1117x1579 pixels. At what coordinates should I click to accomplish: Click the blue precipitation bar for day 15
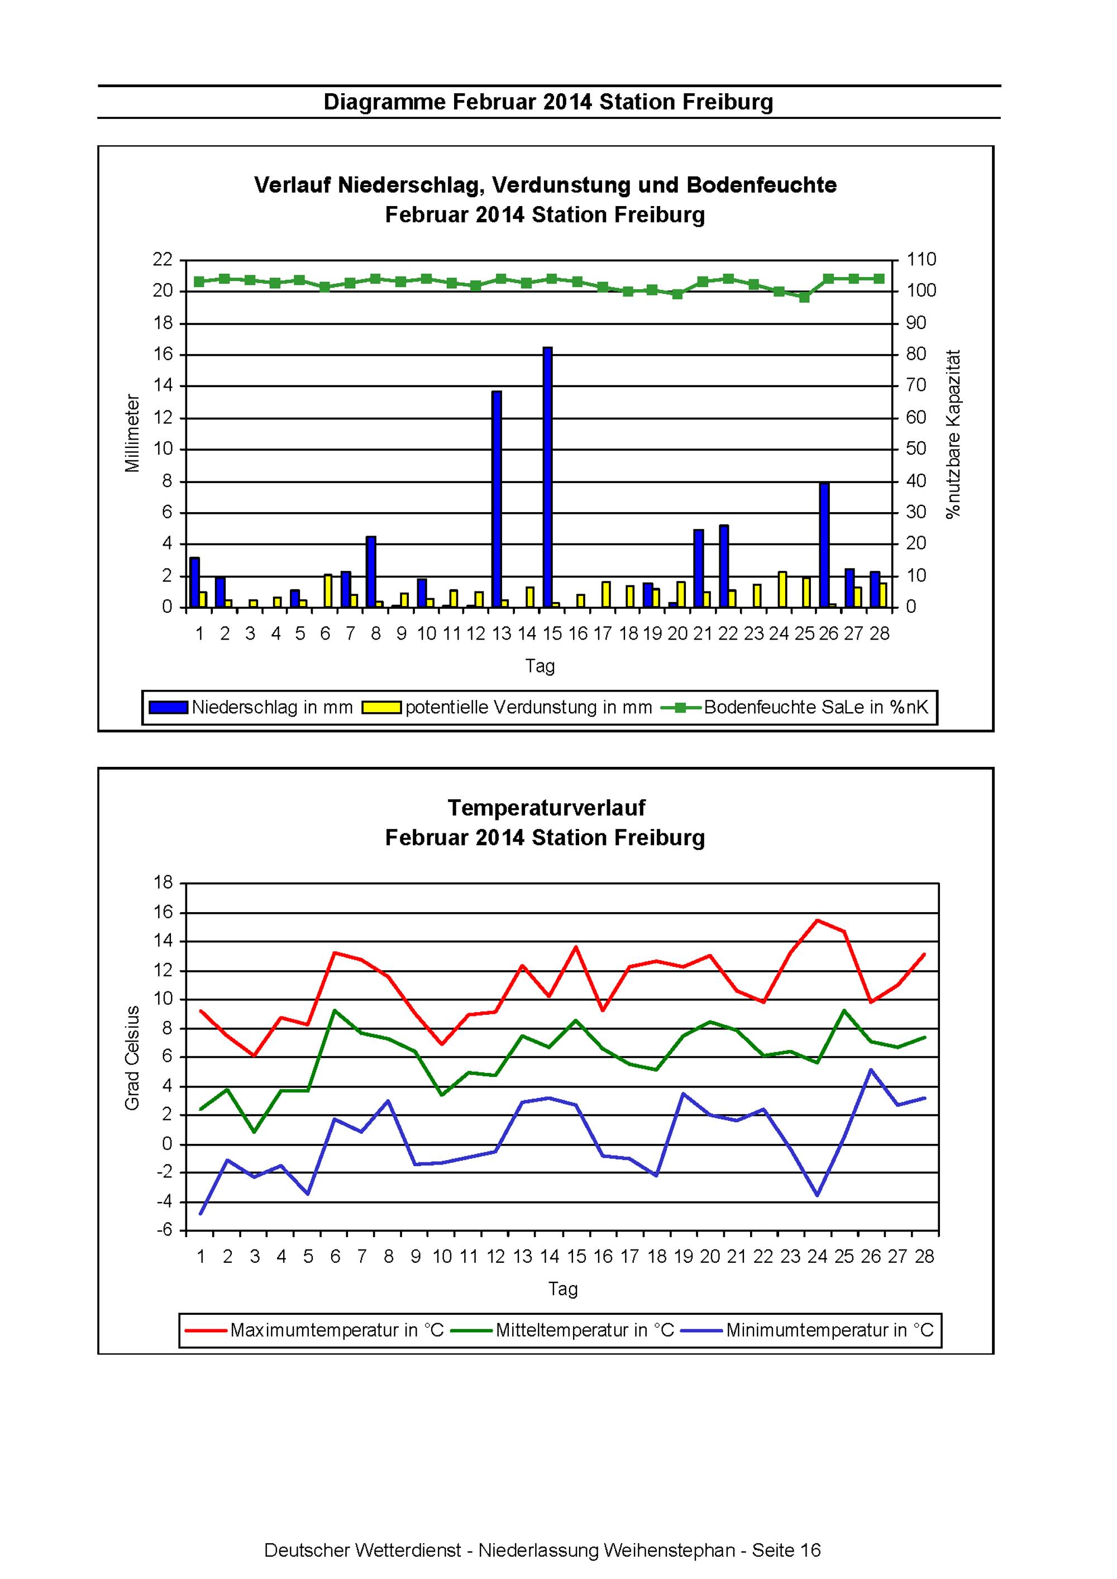(547, 478)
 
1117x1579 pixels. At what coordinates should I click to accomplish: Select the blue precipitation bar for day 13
(497, 499)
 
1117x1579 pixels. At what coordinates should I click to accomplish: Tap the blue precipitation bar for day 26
(824, 545)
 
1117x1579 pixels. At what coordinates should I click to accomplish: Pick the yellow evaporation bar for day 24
(782, 589)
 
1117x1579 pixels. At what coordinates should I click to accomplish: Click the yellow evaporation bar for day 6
(328, 591)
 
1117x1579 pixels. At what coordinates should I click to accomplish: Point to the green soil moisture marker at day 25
(804, 297)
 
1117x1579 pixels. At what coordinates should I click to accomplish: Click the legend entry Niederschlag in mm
(250, 707)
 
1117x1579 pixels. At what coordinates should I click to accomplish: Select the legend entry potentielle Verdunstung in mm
(507, 707)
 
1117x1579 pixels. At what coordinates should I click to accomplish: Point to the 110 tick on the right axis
(922, 259)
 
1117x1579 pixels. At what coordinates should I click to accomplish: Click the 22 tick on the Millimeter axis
(163, 259)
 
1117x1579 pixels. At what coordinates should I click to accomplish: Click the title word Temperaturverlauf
(546, 808)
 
